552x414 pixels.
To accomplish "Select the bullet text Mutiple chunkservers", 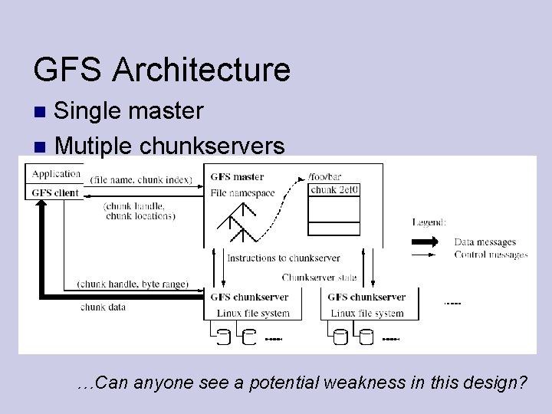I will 169,145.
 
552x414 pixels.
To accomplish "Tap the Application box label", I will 57,174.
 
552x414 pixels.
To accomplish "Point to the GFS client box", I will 56,192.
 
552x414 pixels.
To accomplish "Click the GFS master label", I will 237,177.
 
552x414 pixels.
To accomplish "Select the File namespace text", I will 242,193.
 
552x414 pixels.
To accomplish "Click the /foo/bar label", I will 324,177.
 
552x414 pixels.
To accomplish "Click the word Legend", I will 429,222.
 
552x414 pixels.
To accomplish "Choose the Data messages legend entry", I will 485,242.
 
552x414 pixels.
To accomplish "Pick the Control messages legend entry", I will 491,255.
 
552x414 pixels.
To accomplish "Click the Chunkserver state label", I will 319,278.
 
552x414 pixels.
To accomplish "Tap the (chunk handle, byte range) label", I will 133,284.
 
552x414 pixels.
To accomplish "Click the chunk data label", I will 103,307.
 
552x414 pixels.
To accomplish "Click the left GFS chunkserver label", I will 249,297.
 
